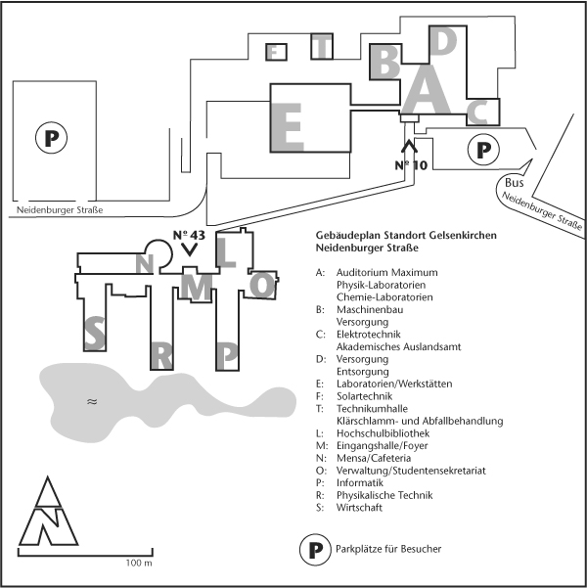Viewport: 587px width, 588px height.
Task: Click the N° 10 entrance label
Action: [x=411, y=164]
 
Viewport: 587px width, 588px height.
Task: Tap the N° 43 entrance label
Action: [x=189, y=235]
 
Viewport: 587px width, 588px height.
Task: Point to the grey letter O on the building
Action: [x=261, y=283]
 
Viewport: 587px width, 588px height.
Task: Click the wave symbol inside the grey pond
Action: [x=92, y=400]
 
